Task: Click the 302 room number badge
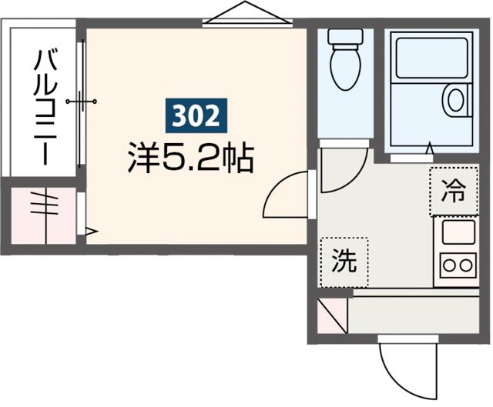pyautogui.click(x=196, y=115)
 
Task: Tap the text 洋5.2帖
pyautogui.click(x=191, y=158)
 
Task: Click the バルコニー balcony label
pyautogui.click(x=45, y=107)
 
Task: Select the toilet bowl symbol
pyautogui.click(x=346, y=67)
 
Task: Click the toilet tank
pyautogui.click(x=346, y=37)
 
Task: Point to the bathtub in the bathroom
pyautogui.click(x=431, y=58)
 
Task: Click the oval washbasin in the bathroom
pyautogui.click(x=456, y=100)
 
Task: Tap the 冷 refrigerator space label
pyautogui.click(x=454, y=191)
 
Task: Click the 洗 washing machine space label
pyautogui.click(x=344, y=261)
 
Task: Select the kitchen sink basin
pyautogui.click(x=459, y=232)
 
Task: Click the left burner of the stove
pyautogui.click(x=449, y=265)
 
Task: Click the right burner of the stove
pyautogui.click(x=466, y=265)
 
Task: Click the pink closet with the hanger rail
pyautogui.click(x=44, y=215)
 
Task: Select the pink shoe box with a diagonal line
pyautogui.click(x=332, y=315)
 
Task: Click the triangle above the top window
pyautogui.click(x=246, y=12)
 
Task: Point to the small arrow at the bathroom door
pyautogui.click(x=430, y=148)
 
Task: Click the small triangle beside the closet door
pyautogui.click(x=91, y=232)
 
